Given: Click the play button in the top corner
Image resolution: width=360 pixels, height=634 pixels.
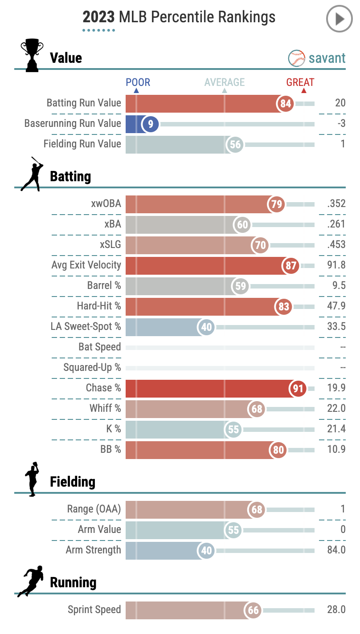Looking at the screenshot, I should click(339, 19).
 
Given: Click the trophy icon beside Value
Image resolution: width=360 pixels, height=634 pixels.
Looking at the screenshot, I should click(32, 55).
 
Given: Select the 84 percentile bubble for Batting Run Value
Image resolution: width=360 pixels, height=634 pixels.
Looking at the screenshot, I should click(286, 104).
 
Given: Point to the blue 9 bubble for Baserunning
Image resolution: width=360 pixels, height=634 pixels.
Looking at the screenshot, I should click(151, 124).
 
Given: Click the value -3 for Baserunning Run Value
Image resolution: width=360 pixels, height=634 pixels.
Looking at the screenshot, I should click(341, 123).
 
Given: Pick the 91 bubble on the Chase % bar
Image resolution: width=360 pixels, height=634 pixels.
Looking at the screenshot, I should click(298, 389).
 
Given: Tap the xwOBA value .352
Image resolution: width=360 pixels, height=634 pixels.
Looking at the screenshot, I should click(336, 203).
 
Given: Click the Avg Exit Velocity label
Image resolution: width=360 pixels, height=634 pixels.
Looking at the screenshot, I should click(86, 265).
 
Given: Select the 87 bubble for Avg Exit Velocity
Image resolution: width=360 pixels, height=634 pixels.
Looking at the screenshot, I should click(291, 266).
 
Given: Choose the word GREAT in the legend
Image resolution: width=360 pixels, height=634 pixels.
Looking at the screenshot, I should click(300, 82).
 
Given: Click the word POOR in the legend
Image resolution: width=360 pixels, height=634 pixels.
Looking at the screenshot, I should click(138, 82).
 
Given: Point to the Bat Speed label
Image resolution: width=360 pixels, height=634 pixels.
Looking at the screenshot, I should click(99, 347).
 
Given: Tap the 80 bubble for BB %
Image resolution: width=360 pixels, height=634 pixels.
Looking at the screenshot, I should click(278, 450).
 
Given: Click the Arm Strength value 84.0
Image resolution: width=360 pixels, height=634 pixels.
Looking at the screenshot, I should click(336, 550).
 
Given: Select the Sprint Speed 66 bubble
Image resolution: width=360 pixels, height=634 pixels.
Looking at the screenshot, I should click(254, 610).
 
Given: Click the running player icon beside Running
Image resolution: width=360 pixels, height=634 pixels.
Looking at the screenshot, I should click(31, 581).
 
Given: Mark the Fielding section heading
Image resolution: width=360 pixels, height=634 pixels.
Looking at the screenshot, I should click(73, 482).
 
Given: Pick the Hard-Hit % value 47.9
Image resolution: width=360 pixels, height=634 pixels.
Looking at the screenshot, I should click(336, 306).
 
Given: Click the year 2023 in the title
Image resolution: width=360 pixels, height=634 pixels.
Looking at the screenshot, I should click(99, 17).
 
